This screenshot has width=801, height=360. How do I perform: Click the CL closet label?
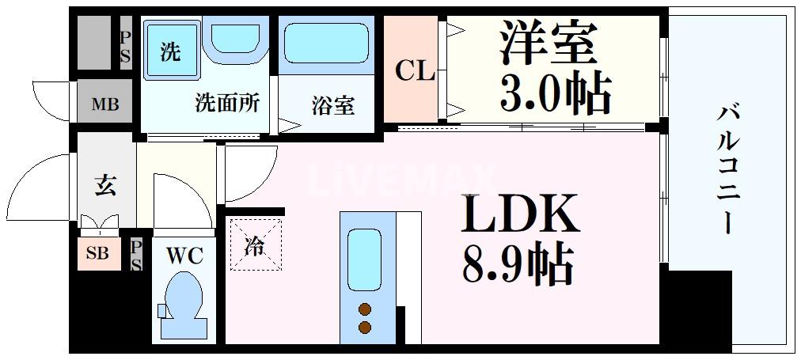[x=416, y=72]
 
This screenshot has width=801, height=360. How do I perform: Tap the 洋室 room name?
[x=547, y=43]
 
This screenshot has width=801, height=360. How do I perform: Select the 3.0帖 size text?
[x=556, y=93]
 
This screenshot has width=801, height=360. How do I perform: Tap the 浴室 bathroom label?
[x=333, y=106]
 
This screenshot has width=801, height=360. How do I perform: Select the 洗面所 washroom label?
[x=228, y=104]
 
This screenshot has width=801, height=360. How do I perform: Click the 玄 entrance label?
[x=105, y=185]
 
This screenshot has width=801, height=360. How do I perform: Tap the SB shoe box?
[x=99, y=253]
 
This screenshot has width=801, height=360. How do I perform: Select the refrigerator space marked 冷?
[x=255, y=244]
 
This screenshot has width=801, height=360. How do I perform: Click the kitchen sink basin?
[x=364, y=260]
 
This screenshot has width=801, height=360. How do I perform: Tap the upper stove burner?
[x=364, y=309]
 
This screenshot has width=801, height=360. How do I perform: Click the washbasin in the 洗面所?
[x=236, y=39]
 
